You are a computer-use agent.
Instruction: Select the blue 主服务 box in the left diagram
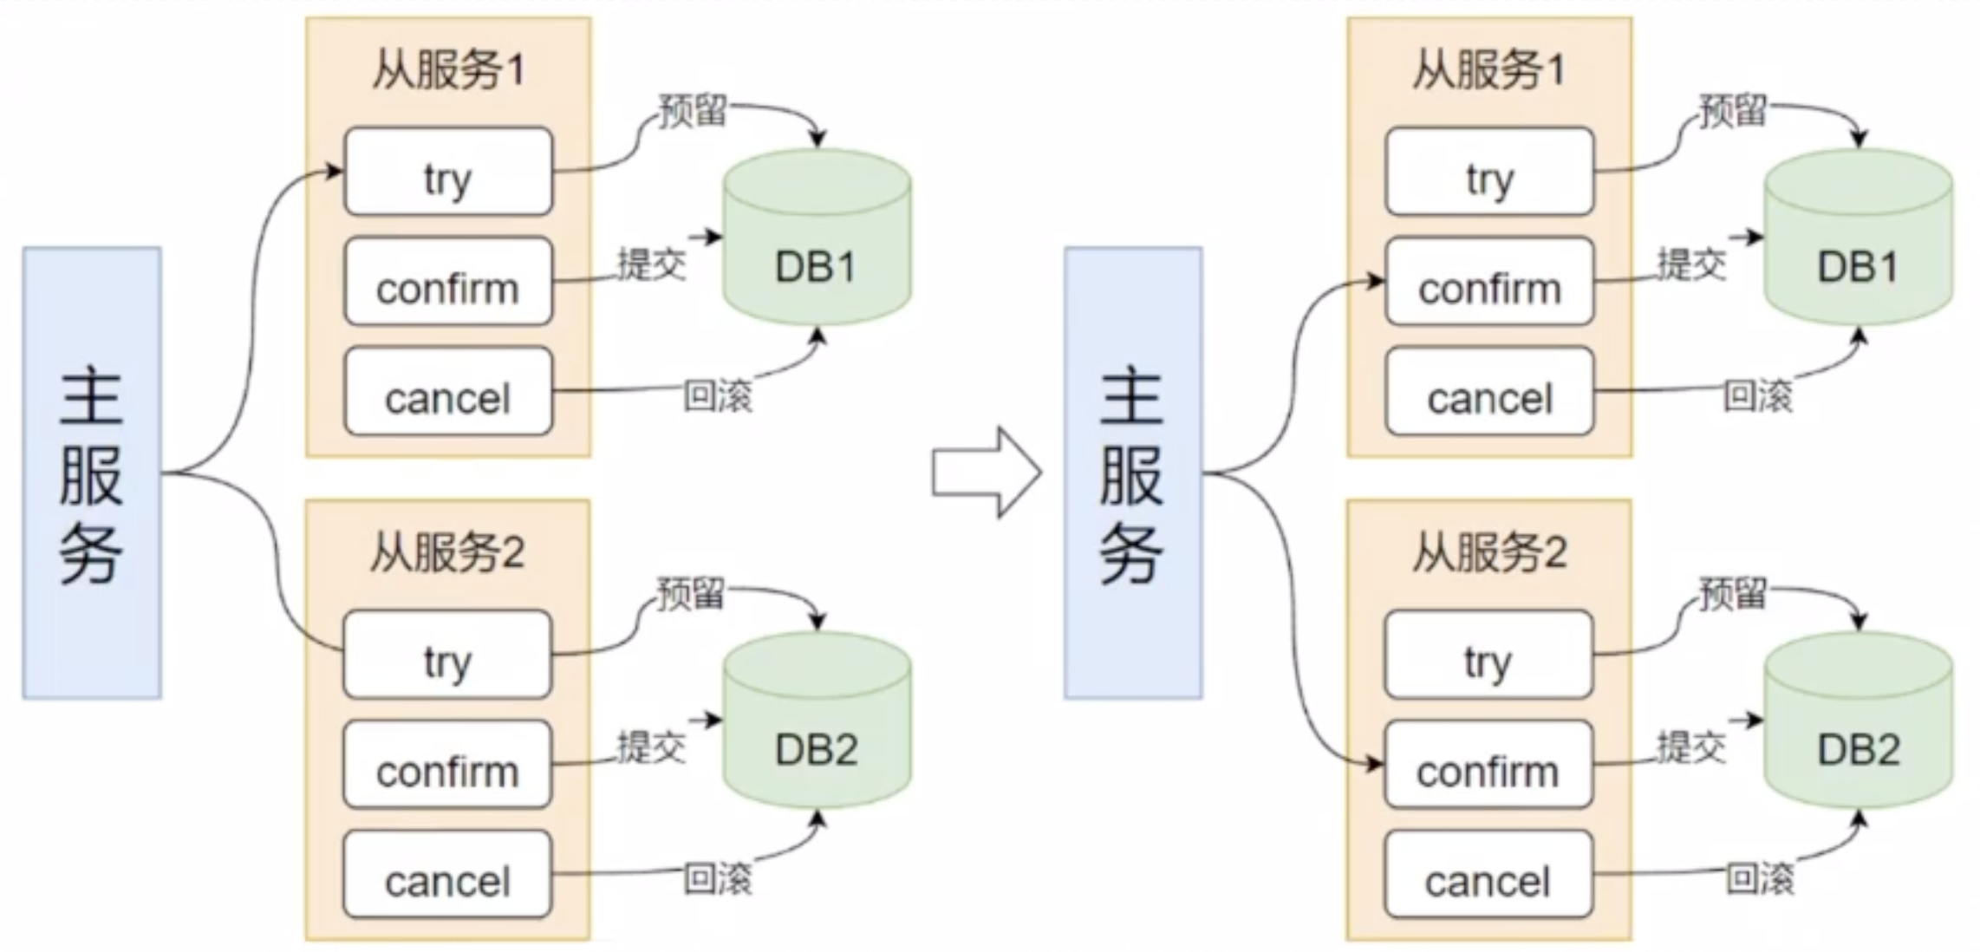92,473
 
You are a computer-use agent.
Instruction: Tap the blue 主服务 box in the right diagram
1133,473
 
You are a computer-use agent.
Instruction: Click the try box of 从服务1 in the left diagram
448,172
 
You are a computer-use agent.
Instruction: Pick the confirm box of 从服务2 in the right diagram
1488,765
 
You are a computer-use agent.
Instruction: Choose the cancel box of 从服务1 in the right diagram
1489,392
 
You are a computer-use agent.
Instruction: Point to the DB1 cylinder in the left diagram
817,238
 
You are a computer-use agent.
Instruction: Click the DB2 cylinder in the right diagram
1858,721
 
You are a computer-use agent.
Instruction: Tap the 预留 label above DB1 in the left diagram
692,112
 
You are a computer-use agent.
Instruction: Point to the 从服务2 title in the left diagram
447,552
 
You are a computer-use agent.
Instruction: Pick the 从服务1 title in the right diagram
1488,69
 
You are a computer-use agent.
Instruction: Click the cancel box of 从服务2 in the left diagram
447,875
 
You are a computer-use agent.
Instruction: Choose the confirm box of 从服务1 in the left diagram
448,282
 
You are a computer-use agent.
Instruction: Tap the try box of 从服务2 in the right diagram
1488,655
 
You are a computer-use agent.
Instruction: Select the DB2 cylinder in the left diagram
817,721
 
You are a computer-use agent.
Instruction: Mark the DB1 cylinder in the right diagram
1858,238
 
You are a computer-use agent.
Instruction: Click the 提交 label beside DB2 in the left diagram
651,747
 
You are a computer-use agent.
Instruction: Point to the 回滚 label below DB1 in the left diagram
718,395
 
